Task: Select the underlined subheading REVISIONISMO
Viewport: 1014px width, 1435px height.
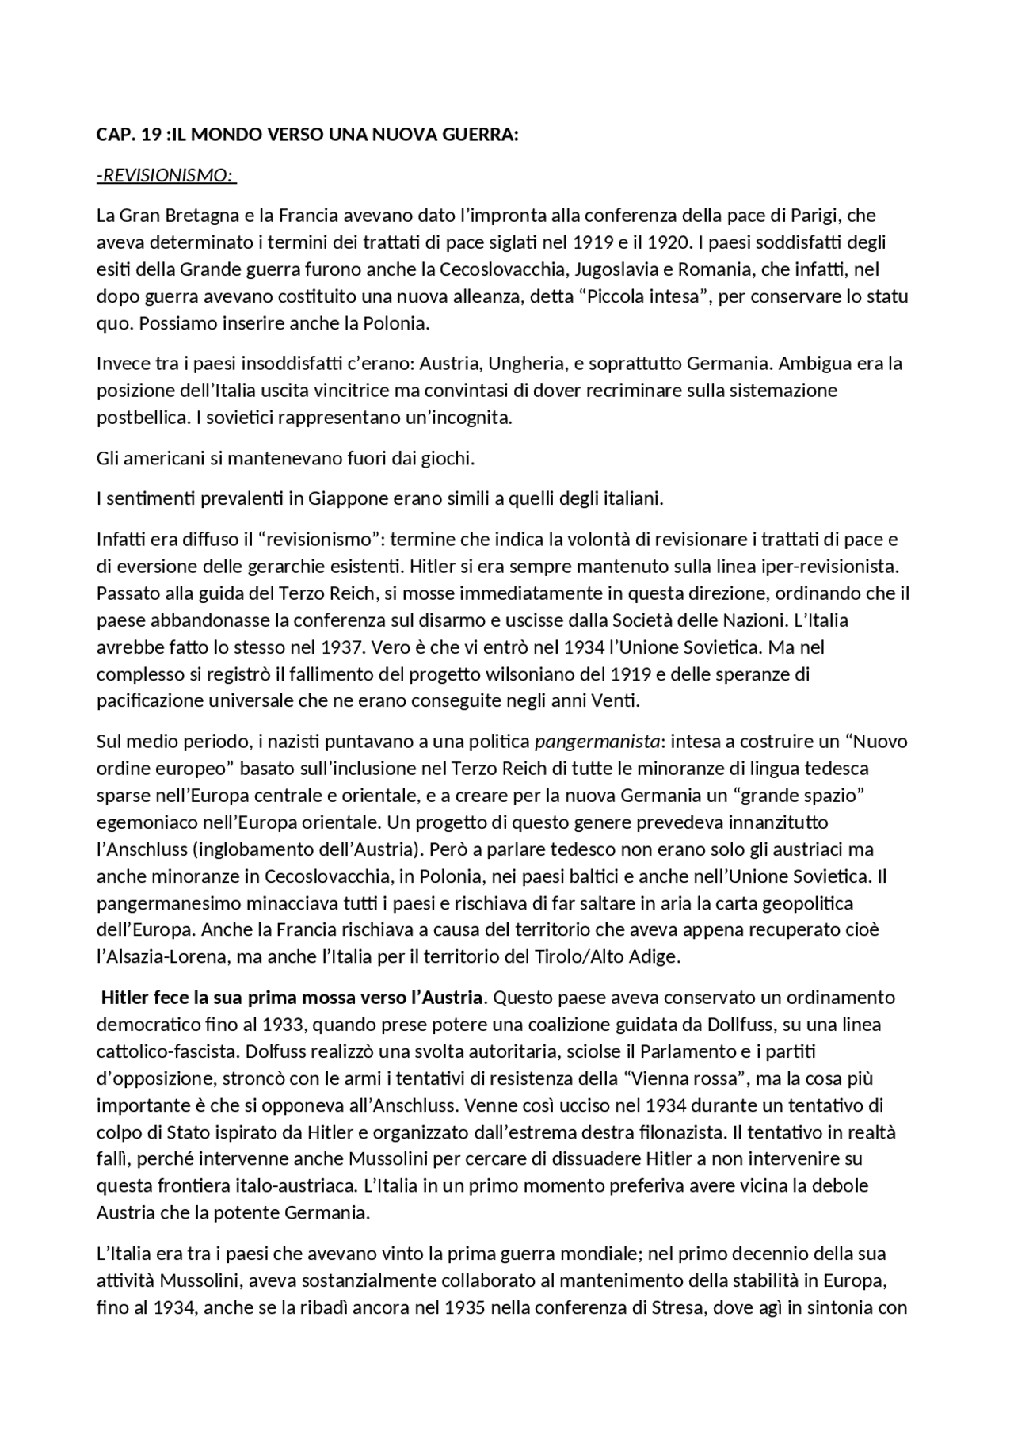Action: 166,175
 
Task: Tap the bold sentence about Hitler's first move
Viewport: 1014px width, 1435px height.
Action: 292,997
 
